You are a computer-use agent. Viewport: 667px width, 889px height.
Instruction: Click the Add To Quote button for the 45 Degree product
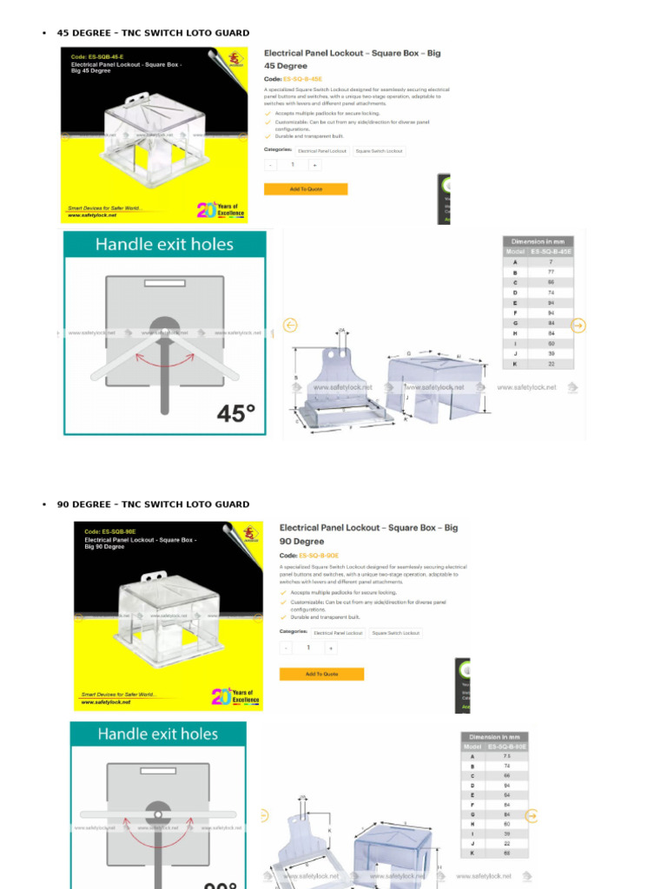(x=306, y=189)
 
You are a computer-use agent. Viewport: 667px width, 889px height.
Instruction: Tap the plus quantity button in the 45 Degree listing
(x=314, y=165)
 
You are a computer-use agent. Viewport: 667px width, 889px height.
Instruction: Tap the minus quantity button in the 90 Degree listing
(x=286, y=648)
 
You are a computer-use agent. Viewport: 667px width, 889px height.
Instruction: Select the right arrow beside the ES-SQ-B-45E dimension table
(x=578, y=326)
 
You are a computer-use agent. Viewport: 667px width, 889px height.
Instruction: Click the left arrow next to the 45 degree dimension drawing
(x=291, y=326)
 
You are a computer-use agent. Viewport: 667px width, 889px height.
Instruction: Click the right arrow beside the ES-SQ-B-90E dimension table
(x=532, y=816)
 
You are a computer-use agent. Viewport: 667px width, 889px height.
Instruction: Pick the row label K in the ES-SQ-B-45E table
(x=515, y=364)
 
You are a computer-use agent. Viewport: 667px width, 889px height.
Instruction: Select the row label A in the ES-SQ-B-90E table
(x=472, y=756)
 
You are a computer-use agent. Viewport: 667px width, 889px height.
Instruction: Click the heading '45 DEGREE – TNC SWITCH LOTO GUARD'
(x=153, y=33)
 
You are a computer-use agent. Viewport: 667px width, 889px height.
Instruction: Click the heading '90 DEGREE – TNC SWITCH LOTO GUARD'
(x=153, y=504)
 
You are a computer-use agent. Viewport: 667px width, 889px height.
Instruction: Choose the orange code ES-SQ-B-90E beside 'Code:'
(x=319, y=555)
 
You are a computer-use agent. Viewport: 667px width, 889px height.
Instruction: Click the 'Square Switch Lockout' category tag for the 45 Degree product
(x=379, y=151)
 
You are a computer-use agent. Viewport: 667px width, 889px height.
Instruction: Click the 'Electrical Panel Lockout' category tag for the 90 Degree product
(x=338, y=633)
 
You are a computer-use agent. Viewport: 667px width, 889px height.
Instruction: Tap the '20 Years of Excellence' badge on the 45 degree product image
(x=221, y=210)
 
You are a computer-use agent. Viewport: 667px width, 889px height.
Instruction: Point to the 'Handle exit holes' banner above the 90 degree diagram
(x=158, y=734)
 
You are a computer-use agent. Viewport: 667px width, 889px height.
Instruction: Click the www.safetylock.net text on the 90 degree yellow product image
(x=100, y=702)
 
